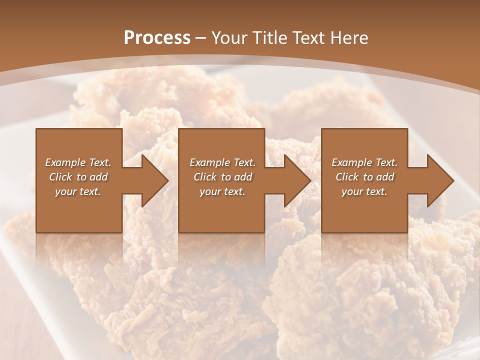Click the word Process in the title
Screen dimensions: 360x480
coord(157,38)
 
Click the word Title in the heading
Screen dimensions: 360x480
coord(266,38)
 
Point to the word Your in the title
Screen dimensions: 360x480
coord(228,38)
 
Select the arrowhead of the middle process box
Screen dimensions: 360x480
coord(297,180)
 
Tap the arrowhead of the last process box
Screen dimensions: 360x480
coord(440,180)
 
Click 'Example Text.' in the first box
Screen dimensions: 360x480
coord(78,162)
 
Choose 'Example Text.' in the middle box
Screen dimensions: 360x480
coord(222,162)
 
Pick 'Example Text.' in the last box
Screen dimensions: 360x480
coord(364,162)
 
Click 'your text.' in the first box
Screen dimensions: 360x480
coord(78,191)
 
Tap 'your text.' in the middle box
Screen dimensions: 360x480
coord(222,191)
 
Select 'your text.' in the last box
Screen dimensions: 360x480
coord(364,191)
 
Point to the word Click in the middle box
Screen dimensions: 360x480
coord(205,177)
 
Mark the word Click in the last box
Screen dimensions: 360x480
coord(347,177)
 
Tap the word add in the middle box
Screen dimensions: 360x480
coord(243,177)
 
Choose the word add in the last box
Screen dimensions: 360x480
coord(385,177)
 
